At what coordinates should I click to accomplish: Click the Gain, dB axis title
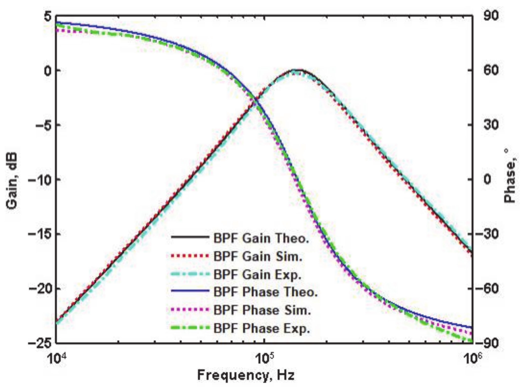tap(12, 181)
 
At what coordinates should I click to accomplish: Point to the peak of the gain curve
tap(296, 70)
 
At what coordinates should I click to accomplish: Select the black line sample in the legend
tap(190, 238)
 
